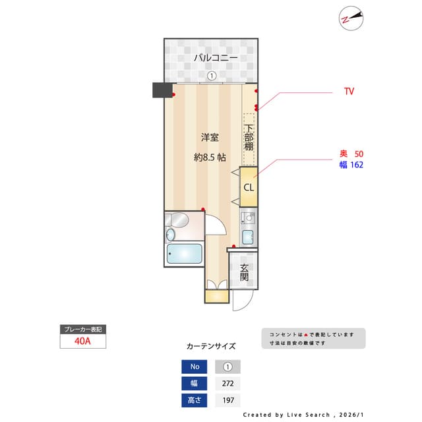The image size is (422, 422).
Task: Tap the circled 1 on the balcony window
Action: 212,76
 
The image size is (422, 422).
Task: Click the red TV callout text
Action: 349,92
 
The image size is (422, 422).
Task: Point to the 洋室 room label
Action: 210,138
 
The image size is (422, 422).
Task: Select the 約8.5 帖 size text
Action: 210,158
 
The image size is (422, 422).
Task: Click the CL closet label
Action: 249,187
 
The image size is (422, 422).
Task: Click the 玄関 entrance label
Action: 244,272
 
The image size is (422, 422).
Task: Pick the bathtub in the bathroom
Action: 184,254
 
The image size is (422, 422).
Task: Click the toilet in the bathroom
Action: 177,220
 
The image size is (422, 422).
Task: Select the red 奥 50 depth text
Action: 351,154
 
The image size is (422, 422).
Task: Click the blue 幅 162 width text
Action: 351,165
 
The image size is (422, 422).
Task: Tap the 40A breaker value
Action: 82,342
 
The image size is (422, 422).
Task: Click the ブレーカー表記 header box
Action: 82,328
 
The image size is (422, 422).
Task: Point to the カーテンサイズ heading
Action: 211,346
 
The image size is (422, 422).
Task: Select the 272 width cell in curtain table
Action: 228,384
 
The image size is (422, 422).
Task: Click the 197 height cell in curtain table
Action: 228,400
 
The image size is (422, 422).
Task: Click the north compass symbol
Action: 351,18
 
